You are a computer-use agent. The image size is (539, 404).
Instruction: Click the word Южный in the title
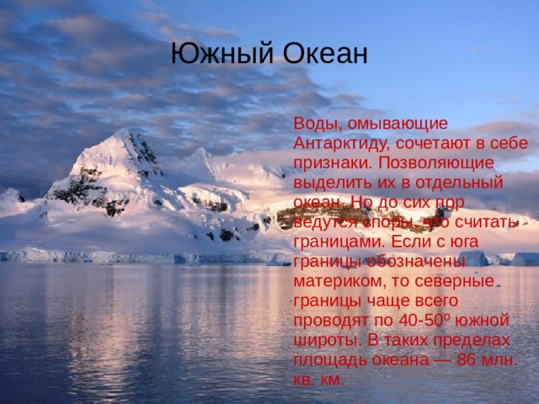(221, 54)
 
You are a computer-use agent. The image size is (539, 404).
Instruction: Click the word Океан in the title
(325, 54)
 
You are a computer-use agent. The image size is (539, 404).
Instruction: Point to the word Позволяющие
(436, 162)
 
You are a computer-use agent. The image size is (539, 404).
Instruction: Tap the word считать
(486, 222)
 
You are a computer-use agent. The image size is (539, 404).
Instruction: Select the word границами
(339, 242)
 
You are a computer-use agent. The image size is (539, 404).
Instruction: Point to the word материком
(338, 282)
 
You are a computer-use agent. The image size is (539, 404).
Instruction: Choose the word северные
(455, 282)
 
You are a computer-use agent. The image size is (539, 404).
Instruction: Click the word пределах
(472, 341)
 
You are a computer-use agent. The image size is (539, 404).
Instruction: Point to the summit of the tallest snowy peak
(123, 130)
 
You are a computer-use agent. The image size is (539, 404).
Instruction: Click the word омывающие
(398, 124)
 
